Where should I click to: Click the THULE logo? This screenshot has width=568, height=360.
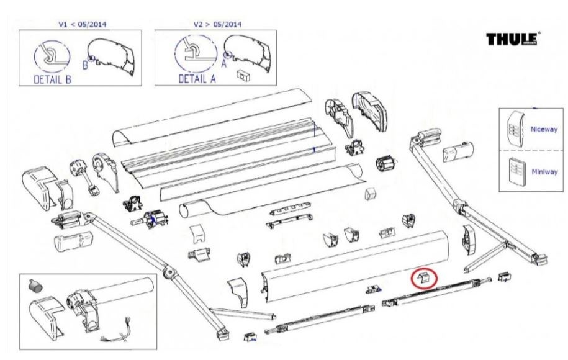pos(512,39)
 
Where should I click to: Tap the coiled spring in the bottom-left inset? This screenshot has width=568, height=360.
pos(35,286)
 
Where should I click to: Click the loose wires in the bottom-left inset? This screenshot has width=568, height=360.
pos(121,336)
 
